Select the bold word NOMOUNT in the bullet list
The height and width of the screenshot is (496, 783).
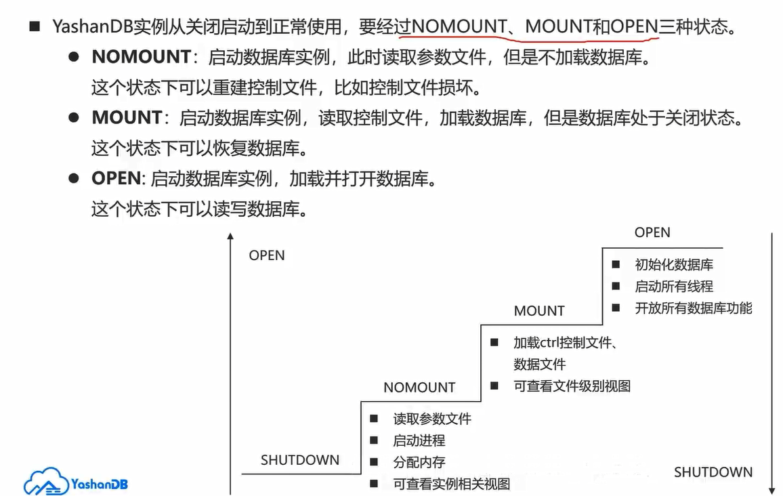(141, 57)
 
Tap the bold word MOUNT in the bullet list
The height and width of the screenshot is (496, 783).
(127, 117)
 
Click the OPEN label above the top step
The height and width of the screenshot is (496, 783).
(652, 232)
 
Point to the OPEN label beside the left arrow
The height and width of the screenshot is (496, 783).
(267, 255)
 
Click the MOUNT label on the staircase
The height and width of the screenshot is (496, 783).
(539, 311)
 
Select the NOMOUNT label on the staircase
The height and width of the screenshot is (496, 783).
(419, 388)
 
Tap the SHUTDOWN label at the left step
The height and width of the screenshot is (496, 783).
(300, 460)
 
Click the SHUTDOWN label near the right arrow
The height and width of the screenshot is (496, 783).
(713, 472)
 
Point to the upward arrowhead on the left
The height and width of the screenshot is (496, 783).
(230, 236)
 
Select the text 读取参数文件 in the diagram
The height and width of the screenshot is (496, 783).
(432, 419)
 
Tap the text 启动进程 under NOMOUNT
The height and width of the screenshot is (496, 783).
(419, 440)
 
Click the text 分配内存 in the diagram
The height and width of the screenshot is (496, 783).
(419, 462)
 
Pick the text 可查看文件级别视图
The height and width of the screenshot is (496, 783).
(572, 386)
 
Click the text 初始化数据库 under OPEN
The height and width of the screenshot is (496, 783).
(674, 264)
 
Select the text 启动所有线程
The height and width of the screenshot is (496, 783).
(674, 286)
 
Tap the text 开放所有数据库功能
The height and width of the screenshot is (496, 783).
(694, 308)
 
